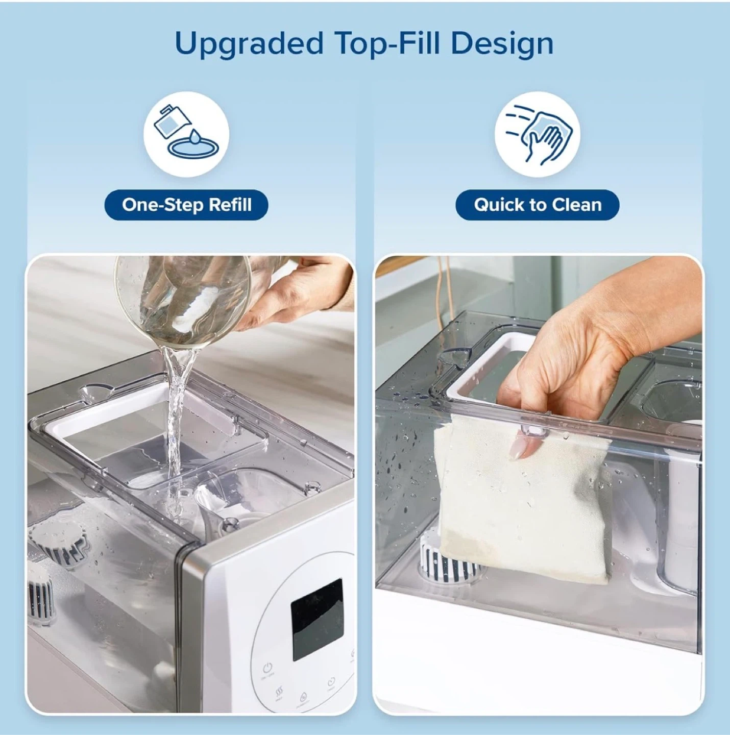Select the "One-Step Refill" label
click(x=186, y=205)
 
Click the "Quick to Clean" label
click(x=538, y=205)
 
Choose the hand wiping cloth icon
click(x=538, y=135)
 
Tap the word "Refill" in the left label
click(x=230, y=205)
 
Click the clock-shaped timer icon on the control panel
click(x=331, y=681)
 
